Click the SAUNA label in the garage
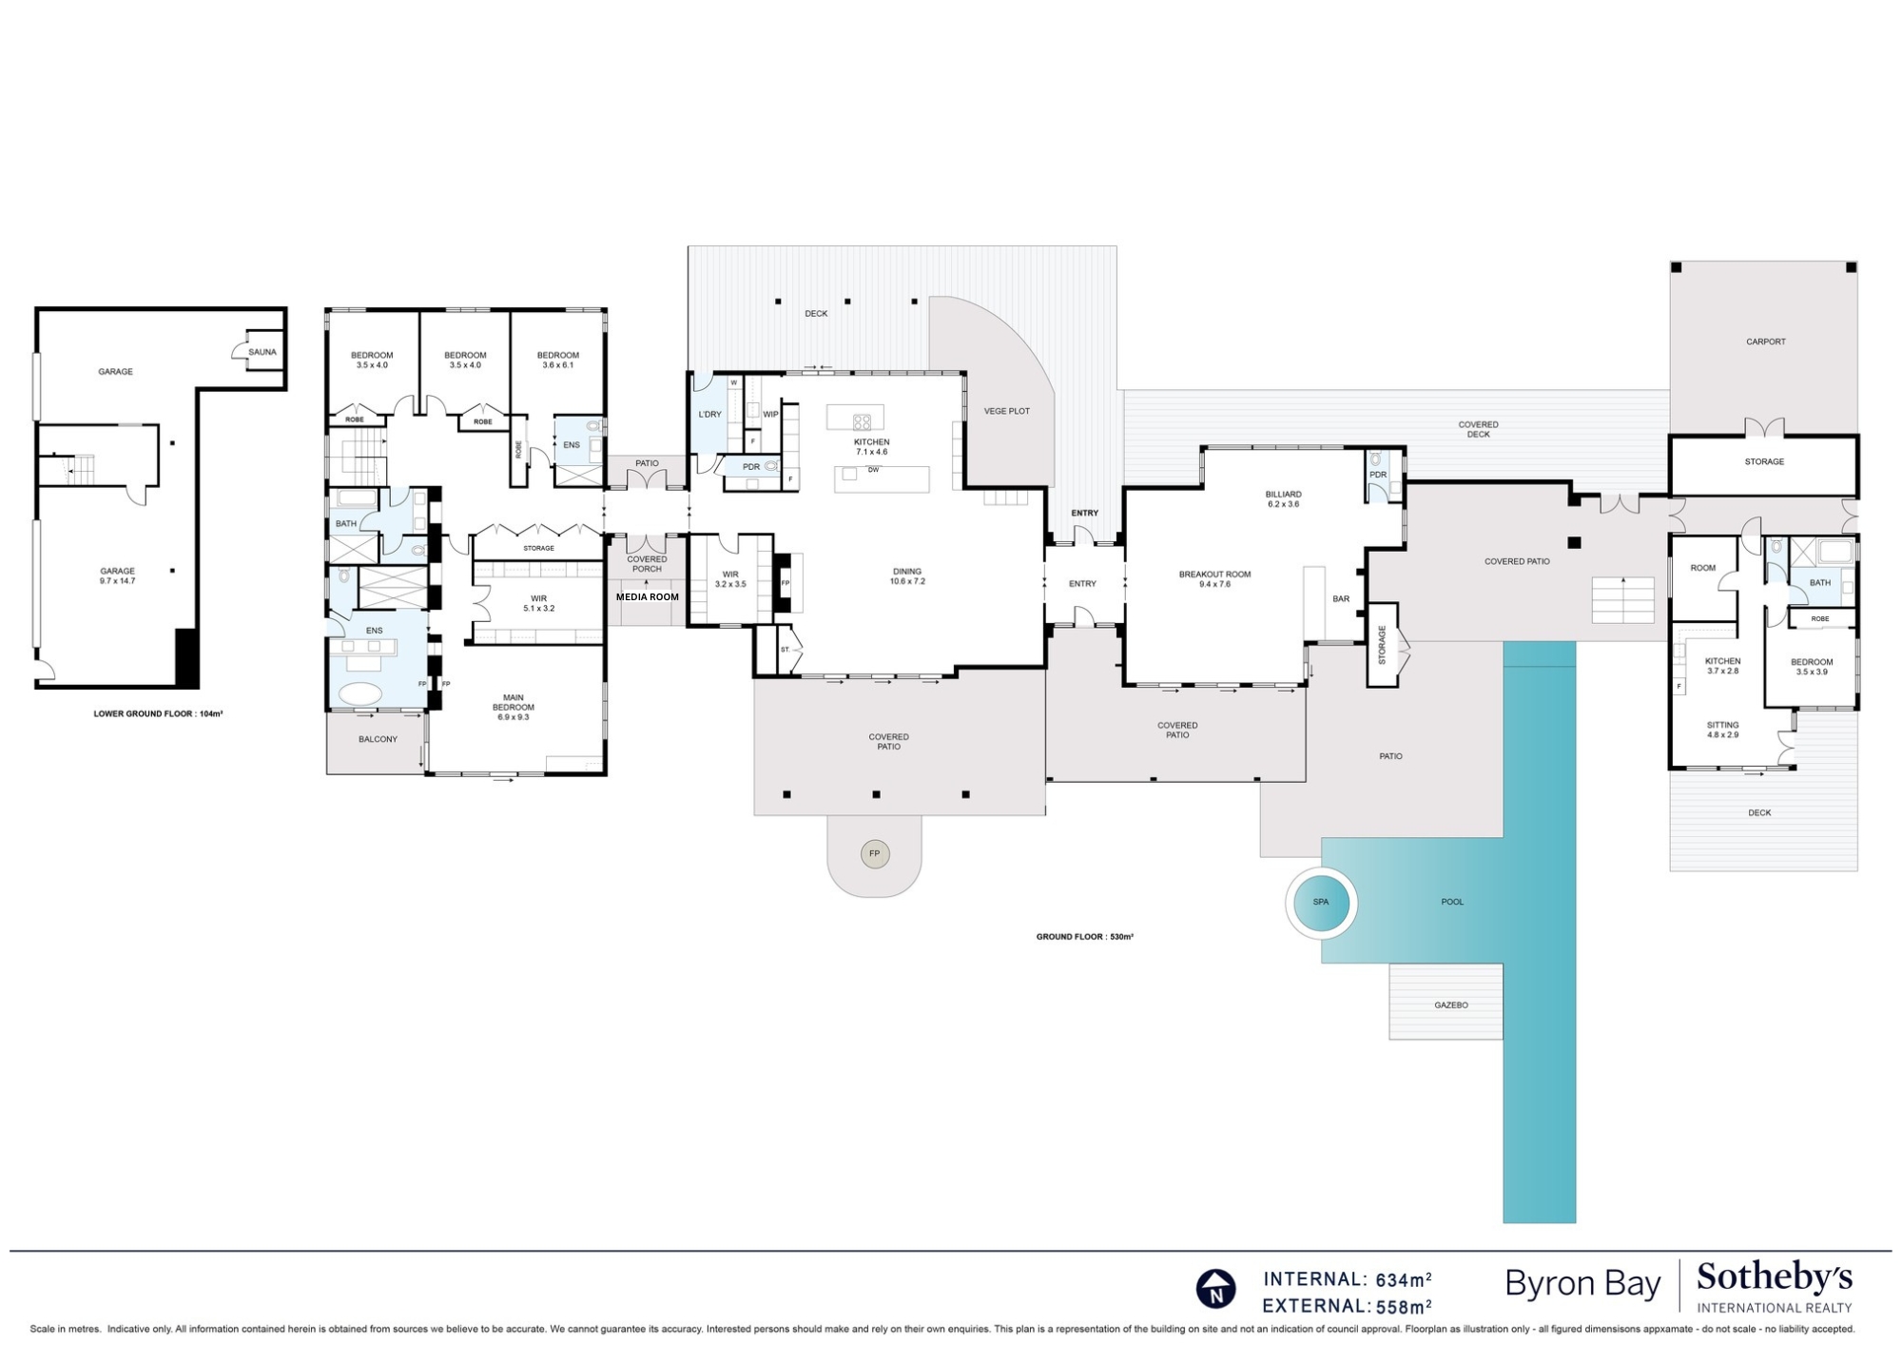pos(262,352)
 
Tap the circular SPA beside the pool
pos(1320,902)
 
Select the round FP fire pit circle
pos(875,854)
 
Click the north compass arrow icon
pos(1215,1290)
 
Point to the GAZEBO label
pos(1451,1004)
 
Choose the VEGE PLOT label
pos(1006,411)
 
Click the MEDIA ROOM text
pos(648,597)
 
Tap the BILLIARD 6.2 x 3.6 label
pos(1283,498)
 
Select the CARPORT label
pos(1765,341)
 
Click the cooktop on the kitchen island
pos(862,421)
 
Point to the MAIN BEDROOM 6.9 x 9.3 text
pos(513,707)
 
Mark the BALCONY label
pos(378,739)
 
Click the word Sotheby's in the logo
pos(1774,1277)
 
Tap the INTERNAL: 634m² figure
pos(1347,1279)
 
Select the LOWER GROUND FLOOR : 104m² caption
pos(158,713)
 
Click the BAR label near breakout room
pos(1341,599)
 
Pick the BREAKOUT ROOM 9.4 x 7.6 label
pos(1214,578)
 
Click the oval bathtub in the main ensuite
pos(359,692)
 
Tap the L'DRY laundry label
pos(709,415)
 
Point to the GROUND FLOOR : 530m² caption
pos(1084,937)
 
